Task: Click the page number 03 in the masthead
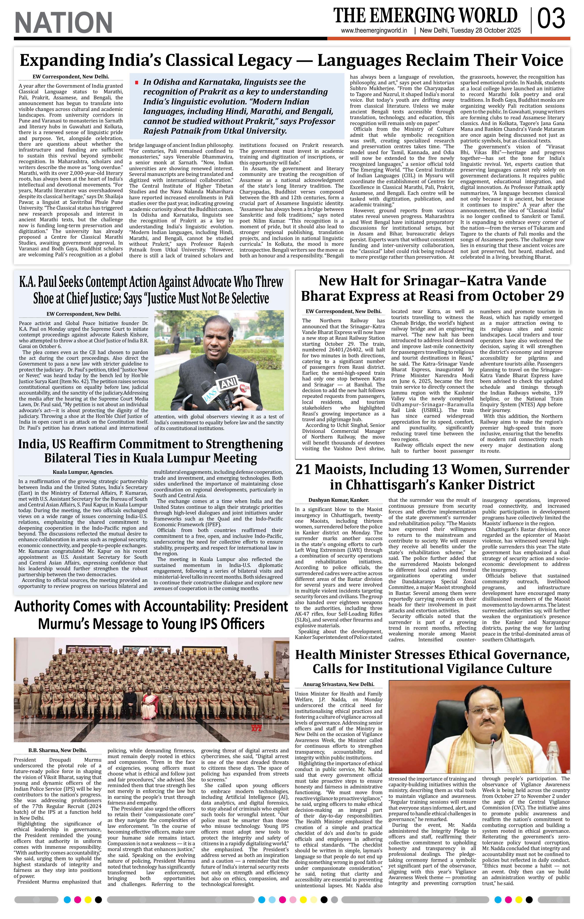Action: click(x=551, y=19)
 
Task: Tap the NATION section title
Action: click(x=63, y=22)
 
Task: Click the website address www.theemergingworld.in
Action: click(x=374, y=31)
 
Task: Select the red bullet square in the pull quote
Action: click(x=136, y=82)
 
